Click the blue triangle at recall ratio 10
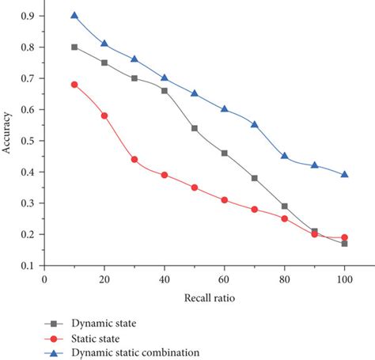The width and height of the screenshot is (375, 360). (x=74, y=15)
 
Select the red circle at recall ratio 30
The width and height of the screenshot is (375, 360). (x=134, y=159)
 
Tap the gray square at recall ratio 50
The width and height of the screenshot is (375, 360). (x=195, y=128)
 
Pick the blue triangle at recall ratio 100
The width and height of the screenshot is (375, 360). (x=344, y=174)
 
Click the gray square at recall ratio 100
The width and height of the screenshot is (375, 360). (x=344, y=244)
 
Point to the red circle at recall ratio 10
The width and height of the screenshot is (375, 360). (x=74, y=84)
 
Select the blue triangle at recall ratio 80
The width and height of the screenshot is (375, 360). (x=284, y=156)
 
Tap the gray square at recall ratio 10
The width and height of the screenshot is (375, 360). (x=74, y=47)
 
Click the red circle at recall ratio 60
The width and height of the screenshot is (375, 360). (x=225, y=200)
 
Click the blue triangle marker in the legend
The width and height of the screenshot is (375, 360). (x=55, y=351)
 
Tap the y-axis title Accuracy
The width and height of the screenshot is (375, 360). (x=7, y=141)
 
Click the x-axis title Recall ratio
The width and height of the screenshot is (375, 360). (x=209, y=299)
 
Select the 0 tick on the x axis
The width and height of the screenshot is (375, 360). (x=44, y=279)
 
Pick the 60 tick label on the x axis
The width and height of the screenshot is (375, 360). (x=225, y=279)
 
